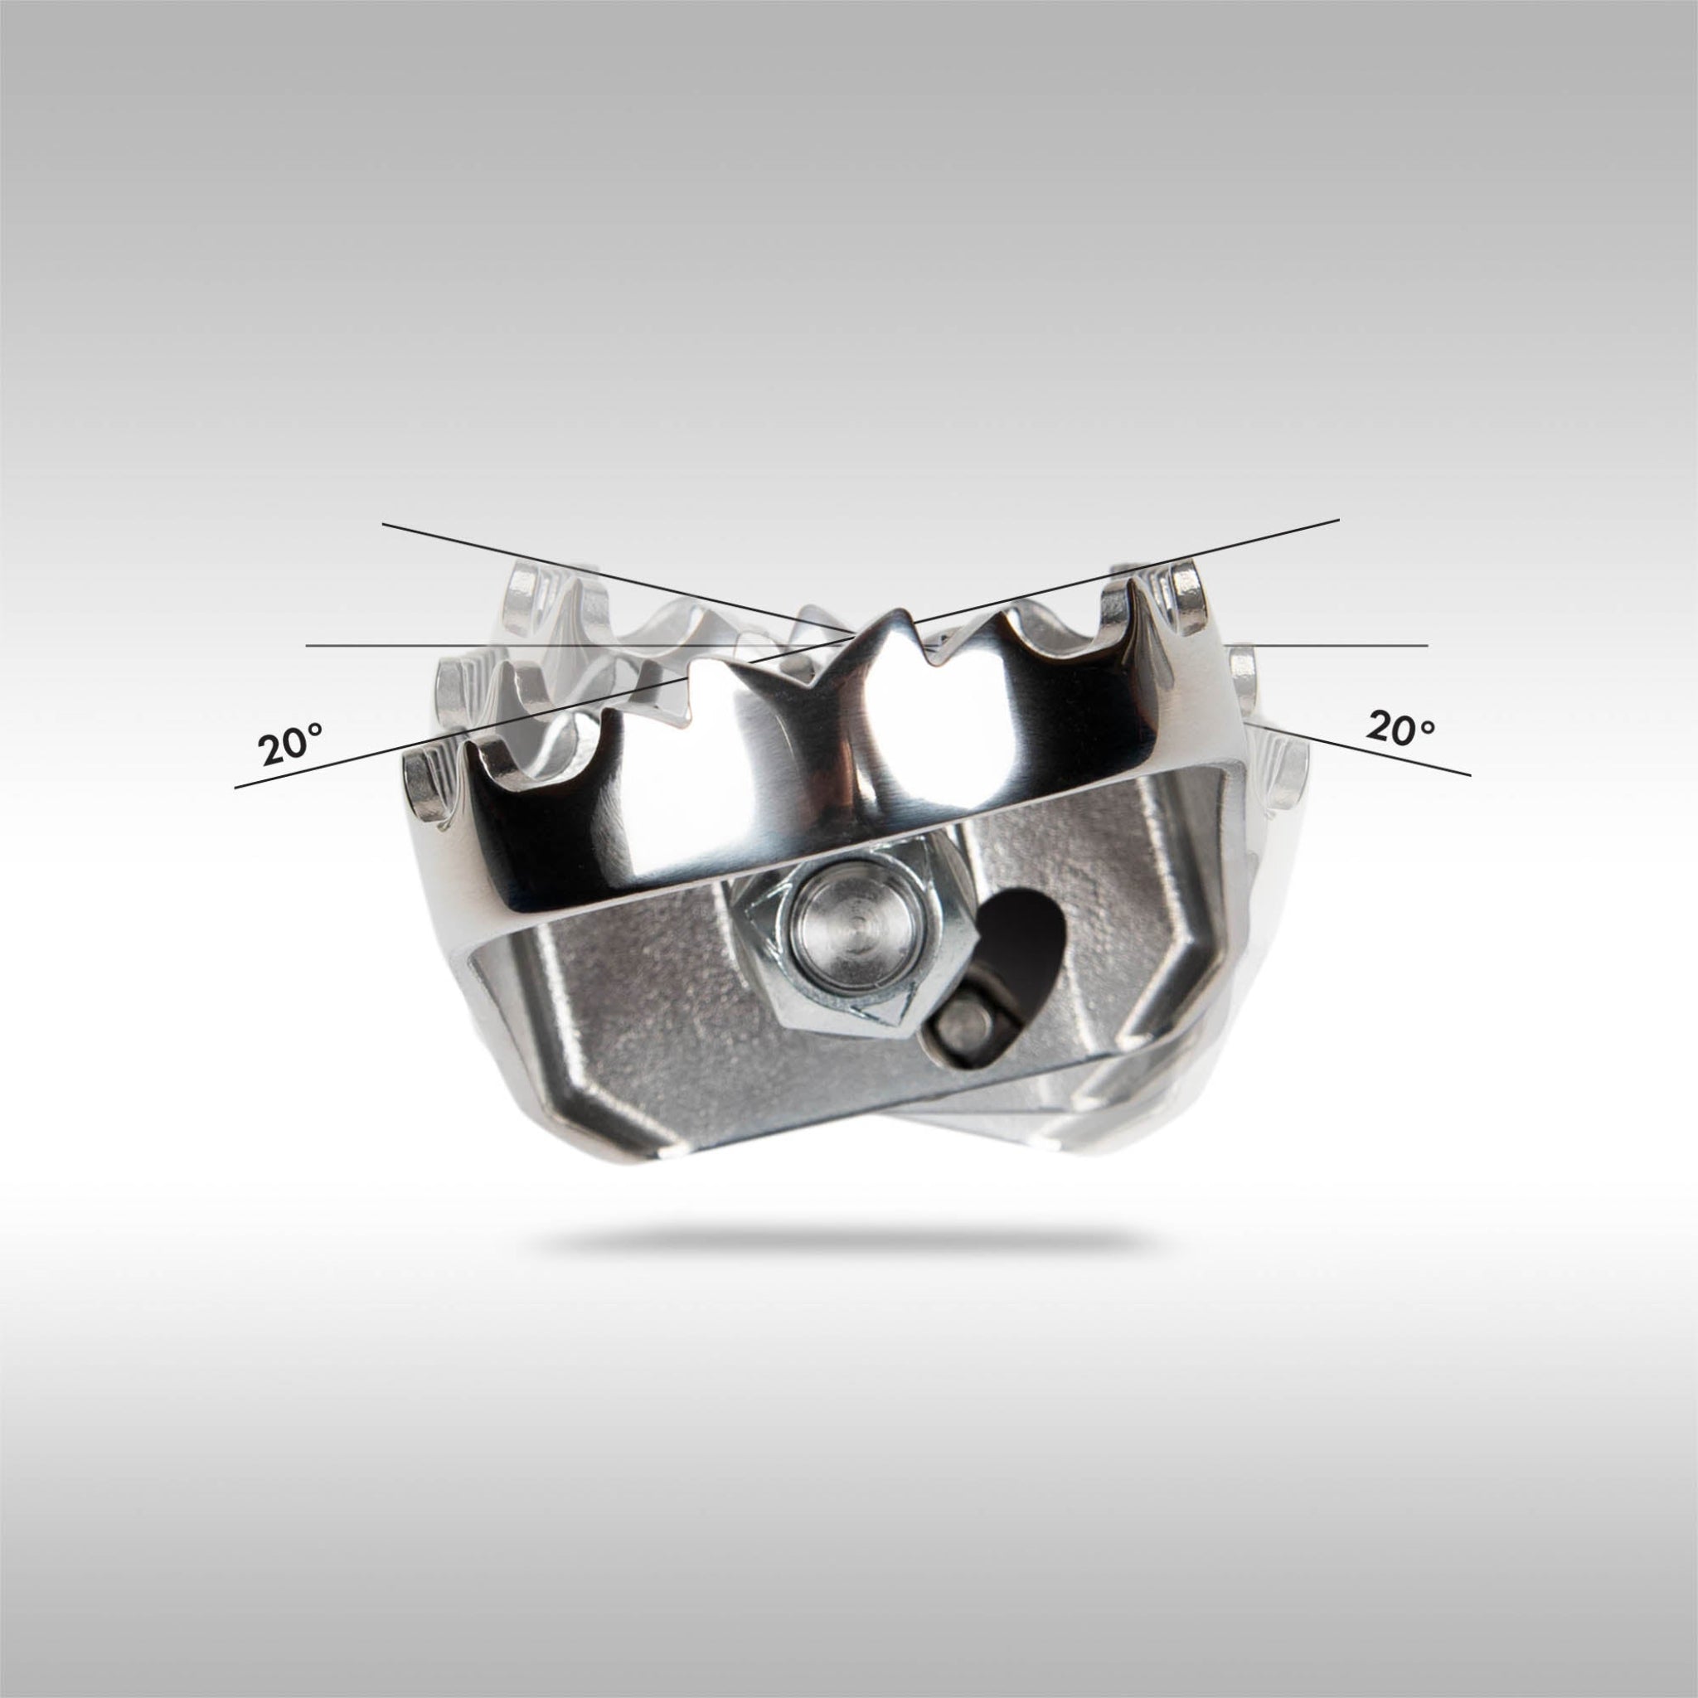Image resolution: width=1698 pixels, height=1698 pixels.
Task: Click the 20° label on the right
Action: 1400,729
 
